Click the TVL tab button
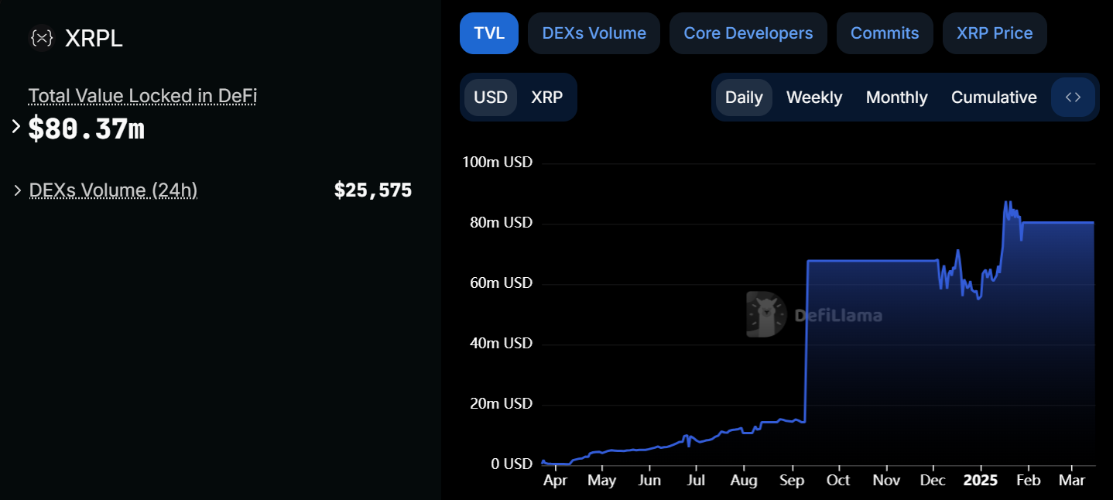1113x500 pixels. coord(488,33)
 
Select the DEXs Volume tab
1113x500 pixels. coord(594,33)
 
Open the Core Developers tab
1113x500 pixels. coord(748,33)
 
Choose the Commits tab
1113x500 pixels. coord(884,33)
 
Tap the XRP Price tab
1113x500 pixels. coord(994,33)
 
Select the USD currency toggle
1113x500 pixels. coord(491,98)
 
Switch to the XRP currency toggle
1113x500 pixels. coord(546,98)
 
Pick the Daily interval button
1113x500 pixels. coord(743,98)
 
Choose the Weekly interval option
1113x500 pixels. coord(813,98)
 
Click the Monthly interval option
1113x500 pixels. coord(896,98)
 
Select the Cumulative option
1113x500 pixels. coord(993,98)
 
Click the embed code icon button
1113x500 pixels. coord(1073,98)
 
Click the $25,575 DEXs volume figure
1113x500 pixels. coord(372,190)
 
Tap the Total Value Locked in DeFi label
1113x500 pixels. coord(142,96)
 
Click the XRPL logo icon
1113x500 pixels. coord(41,38)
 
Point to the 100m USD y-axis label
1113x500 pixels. coord(497,163)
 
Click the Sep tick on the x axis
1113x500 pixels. coord(791,480)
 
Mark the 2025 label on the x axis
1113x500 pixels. coord(980,480)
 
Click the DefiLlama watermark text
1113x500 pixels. coord(838,316)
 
